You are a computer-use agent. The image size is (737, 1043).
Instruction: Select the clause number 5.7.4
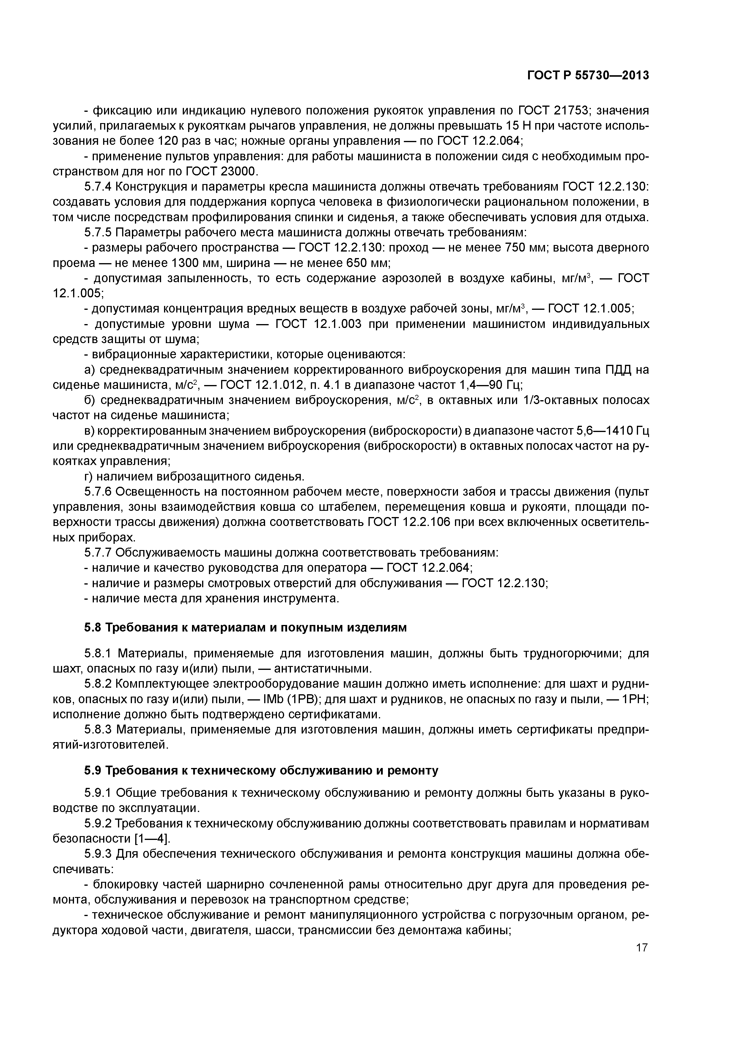click(98, 187)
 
